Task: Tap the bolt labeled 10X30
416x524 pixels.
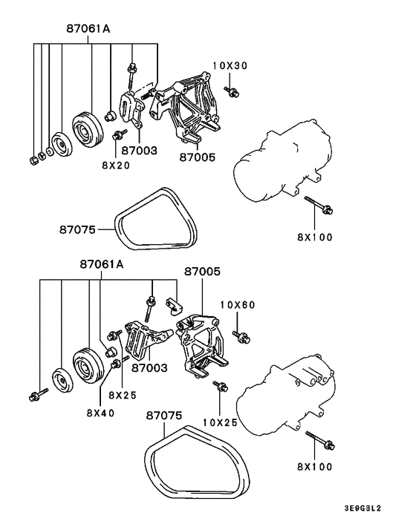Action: tap(230, 93)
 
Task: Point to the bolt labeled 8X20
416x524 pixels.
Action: tap(117, 135)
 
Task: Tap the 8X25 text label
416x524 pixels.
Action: tap(123, 395)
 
